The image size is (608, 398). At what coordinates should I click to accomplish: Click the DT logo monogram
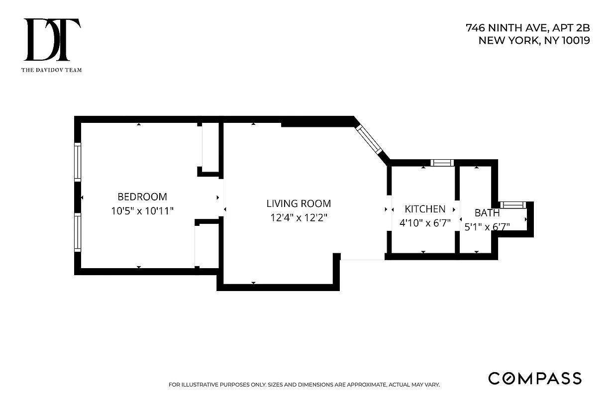52,40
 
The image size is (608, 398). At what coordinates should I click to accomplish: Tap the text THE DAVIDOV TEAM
52,70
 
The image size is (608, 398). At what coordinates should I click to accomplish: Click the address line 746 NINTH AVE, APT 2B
527,28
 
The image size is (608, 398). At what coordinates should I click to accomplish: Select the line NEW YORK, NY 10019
534,41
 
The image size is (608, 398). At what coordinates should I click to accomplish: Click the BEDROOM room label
142,197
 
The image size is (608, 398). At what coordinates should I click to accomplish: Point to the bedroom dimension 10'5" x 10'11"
142,211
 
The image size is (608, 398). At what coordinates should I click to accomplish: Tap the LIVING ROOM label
299,203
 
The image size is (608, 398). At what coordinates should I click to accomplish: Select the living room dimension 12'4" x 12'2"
299,217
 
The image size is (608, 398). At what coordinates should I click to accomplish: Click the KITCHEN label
424,209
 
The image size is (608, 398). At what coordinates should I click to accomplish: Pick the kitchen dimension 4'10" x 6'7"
425,223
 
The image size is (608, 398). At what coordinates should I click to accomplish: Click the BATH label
487,213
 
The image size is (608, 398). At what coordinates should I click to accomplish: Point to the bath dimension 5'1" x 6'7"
487,227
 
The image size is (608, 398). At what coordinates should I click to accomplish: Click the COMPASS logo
534,378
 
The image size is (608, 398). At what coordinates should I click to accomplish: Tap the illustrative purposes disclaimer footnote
304,385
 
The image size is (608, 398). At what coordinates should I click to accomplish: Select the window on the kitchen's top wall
442,163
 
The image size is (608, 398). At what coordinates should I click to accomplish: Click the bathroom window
512,204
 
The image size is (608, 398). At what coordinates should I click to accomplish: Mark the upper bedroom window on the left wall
78,161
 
